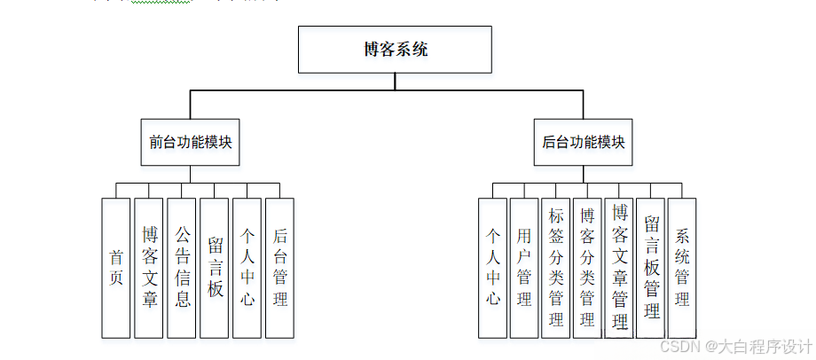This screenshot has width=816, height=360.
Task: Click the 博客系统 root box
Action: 395,50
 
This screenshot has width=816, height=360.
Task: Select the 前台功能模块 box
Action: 191,141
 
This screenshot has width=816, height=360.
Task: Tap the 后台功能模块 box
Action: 583,141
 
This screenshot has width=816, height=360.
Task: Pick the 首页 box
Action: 116,267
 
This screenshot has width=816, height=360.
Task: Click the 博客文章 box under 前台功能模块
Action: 149,267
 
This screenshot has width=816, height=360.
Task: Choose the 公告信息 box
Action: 182,267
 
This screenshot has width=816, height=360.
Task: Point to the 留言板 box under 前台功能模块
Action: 215,267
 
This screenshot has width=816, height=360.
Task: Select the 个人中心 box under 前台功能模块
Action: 247,267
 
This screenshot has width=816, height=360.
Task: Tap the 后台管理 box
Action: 279,267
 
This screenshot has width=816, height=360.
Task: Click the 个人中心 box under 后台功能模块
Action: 492,267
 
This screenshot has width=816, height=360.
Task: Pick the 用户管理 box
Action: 524,267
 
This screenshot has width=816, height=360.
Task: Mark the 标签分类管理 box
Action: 556,267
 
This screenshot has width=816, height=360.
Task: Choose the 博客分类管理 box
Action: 587,267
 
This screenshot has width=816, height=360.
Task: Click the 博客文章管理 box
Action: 619,267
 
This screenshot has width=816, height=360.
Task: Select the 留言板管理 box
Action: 651,267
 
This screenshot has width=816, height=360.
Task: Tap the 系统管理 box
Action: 682,267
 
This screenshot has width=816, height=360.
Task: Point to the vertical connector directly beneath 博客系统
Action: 395,81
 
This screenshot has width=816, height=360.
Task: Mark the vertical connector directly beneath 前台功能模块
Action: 191,174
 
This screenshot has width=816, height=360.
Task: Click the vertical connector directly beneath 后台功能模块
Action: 583,174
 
